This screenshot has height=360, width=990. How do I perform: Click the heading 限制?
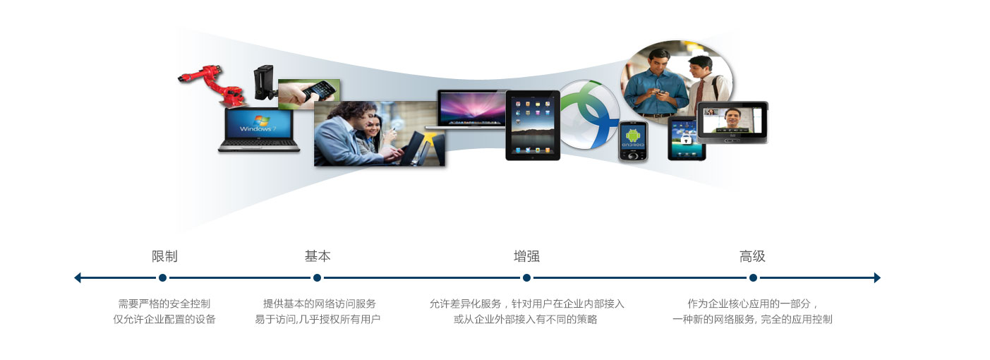(x=164, y=256)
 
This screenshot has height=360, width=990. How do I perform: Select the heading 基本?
(x=318, y=256)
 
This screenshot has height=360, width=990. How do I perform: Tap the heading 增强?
(x=526, y=256)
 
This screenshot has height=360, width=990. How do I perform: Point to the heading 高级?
(x=752, y=256)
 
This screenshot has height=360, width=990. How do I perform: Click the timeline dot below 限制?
(x=162, y=277)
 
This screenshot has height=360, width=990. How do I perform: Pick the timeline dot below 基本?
(x=317, y=277)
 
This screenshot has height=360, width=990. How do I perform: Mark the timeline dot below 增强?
(x=526, y=277)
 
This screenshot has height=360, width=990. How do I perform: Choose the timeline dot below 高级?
(x=753, y=277)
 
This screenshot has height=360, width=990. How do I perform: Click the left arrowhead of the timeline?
(x=78, y=277)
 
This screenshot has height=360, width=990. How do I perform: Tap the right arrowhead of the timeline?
(x=877, y=277)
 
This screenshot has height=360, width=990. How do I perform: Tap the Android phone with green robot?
(x=633, y=141)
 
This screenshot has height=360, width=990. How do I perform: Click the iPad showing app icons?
(x=533, y=125)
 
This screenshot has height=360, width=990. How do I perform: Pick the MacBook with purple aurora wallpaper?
(x=471, y=109)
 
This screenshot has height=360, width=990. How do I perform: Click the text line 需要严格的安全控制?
(x=164, y=304)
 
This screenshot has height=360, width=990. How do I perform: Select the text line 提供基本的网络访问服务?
(x=319, y=304)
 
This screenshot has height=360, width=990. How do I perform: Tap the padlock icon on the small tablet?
(x=685, y=140)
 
